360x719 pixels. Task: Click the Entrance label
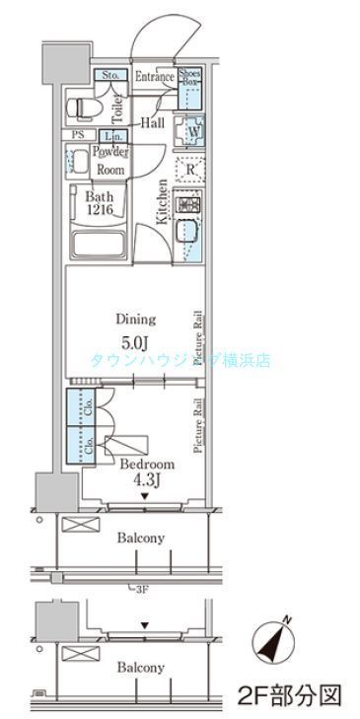154,77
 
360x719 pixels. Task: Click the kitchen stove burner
187,206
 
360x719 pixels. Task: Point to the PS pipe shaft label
76,135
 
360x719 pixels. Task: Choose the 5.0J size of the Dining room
135,344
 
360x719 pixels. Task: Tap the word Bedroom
147,464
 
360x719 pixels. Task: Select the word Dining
135,320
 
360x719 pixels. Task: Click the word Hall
151,122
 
